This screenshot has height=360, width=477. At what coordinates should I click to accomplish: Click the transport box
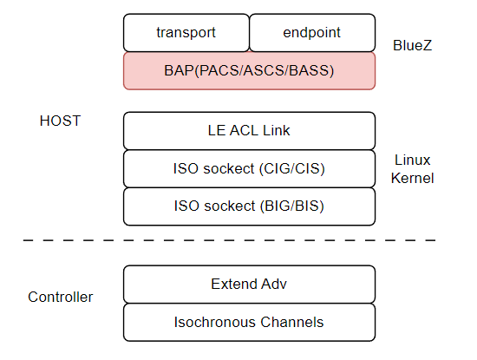point(186,33)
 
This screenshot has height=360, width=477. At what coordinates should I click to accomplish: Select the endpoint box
point(312,33)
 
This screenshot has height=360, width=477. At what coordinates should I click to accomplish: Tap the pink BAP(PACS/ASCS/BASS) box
point(249,70)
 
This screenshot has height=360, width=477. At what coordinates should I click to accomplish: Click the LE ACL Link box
point(249,131)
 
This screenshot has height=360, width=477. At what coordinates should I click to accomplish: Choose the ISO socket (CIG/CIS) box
point(249,168)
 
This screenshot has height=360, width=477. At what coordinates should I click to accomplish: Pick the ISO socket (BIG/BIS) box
point(249,206)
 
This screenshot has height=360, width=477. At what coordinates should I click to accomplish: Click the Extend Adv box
point(249,284)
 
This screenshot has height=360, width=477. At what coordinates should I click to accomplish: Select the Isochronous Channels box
point(249,322)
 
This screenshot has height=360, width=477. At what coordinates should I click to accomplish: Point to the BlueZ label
point(412,43)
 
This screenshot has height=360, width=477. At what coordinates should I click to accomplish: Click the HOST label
point(60,121)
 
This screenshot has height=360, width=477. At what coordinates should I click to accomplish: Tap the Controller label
point(61,297)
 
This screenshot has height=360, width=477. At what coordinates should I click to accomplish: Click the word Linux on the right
point(413,160)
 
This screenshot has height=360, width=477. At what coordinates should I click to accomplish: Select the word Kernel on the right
point(413,178)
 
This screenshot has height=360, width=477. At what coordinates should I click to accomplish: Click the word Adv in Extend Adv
point(274,284)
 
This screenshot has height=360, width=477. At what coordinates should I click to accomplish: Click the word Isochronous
point(217,322)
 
